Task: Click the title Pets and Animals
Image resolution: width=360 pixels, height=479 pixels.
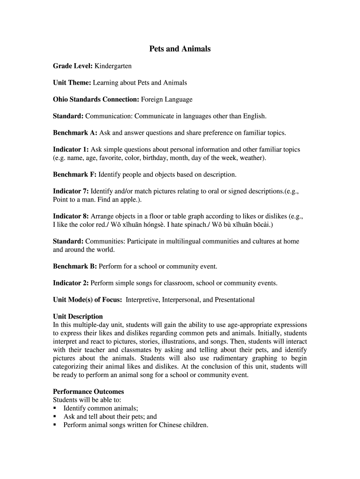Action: (180, 49)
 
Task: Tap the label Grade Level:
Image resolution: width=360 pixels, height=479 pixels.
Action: (72, 66)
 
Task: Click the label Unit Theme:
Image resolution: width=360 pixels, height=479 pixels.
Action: (72, 83)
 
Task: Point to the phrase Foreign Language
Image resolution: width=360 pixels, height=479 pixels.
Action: (166, 99)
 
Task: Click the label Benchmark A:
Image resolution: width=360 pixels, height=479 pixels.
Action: (75, 132)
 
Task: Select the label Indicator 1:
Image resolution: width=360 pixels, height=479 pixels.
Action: (71, 149)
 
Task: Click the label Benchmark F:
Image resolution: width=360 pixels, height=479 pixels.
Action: (75, 174)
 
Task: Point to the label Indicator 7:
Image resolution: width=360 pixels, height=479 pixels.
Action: (71, 191)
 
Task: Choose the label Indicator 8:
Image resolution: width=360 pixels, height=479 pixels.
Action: (71, 216)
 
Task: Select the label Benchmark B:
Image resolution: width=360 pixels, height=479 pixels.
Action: (75, 266)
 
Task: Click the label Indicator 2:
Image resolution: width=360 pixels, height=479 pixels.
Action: (71, 283)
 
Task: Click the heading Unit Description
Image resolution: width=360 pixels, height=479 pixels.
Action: (78, 316)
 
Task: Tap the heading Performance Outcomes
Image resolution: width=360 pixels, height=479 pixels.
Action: (88, 392)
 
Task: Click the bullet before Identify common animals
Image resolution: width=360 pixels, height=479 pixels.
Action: (55, 408)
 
